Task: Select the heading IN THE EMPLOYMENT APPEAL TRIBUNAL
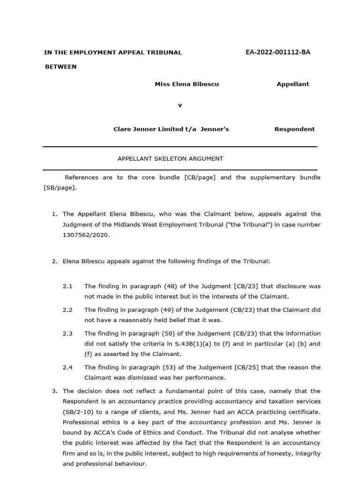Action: [x=113, y=52]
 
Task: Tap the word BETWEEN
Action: [x=61, y=67]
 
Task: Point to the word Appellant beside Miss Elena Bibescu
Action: [x=292, y=84]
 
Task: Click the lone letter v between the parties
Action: [x=180, y=105]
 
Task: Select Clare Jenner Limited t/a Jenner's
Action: [x=171, y=129]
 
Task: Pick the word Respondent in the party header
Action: [x=294, y=129]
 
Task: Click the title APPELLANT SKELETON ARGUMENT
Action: [x=170, y=158]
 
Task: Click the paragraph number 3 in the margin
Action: [x=54, y=391]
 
